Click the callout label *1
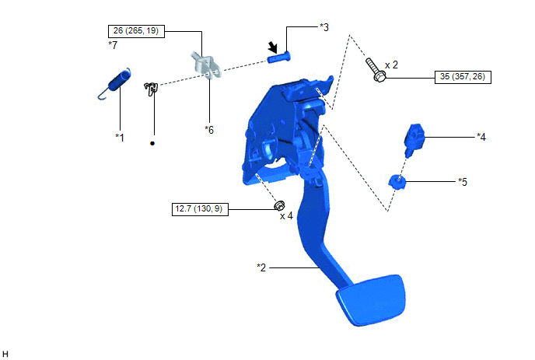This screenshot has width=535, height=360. pos(120,137)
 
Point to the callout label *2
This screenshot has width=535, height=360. pos(261,267)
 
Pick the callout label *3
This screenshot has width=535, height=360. pos(324,27)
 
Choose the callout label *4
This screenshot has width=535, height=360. pos(481,137)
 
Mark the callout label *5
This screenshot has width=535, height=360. pos(463,182)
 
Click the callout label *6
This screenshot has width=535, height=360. pos(209,130)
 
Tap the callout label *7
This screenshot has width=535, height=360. pos(113,44)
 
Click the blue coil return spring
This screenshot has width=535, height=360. pos(115,83)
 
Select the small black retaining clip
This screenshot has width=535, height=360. pos(151,89)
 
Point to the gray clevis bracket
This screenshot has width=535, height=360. pos(205,65)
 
